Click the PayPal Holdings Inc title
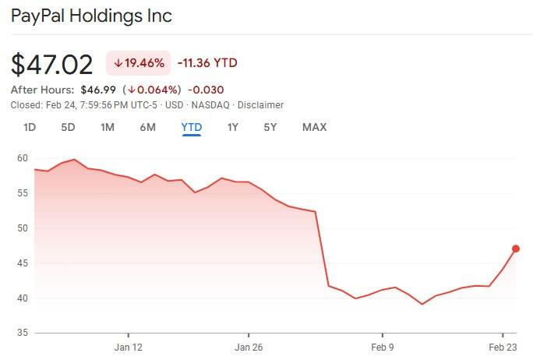pos(91,16)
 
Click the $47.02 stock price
pos(51,64)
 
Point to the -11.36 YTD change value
pos(207,63)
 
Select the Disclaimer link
pos(260,105)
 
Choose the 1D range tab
pos(30,127)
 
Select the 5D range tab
pos(68,127)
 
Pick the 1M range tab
pos(108,127)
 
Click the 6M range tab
pos(147,127)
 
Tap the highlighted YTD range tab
pos(191,127)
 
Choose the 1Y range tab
pos(232,127)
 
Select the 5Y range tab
pos(270,127)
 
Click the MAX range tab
pos(314,127)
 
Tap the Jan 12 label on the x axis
pos(128,348)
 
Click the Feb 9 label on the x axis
pos(382,348)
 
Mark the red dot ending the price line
pos(516,249)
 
